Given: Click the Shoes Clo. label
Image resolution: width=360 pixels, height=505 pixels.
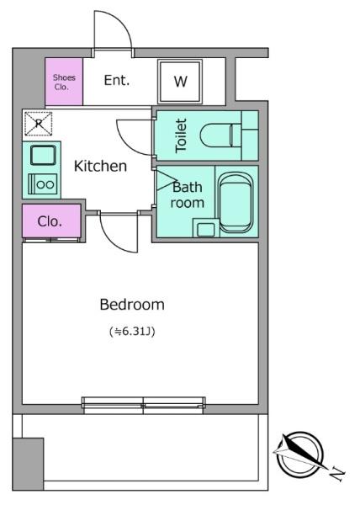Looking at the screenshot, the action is [x=64, y=82].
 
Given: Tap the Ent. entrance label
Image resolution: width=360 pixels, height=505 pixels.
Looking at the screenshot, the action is [x=117, y=80].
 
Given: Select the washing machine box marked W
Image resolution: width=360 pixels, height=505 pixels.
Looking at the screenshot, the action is [x=180, y=82].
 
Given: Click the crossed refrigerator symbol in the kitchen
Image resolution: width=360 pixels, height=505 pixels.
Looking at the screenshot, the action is [x=39, y=124].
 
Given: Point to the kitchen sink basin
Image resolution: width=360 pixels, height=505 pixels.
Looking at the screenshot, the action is [x=43, y=155].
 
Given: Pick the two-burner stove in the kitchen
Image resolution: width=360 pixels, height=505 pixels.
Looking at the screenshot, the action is [x=43, y=183].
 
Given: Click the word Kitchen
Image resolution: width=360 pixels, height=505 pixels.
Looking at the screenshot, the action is [x=100, y=166].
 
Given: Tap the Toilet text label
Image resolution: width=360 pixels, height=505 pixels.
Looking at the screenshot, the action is [x=181, y=136].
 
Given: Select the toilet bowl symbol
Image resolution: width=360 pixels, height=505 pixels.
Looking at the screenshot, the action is [x=220, y=136].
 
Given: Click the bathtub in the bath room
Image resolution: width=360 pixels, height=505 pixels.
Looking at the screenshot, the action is [x=236, y=203].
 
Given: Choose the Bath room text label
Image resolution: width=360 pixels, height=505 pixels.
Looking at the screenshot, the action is [x=188, y=195].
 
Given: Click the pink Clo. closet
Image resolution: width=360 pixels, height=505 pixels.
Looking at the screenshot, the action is [x=51, y=221].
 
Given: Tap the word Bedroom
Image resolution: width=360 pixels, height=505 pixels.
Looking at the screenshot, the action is [x=132, y=305].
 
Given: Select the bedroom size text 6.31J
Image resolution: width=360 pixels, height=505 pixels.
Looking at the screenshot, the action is [x=132, y=331].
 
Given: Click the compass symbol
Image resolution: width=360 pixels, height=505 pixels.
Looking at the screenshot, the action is [x=299, y=455].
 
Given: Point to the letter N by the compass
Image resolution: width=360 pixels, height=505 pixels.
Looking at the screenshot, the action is [x=337, y=473].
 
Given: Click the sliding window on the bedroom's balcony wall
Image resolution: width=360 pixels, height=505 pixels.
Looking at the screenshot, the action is [x=144, y=405].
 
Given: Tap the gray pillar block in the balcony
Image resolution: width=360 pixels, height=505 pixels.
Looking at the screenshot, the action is [x=28, y=464].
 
